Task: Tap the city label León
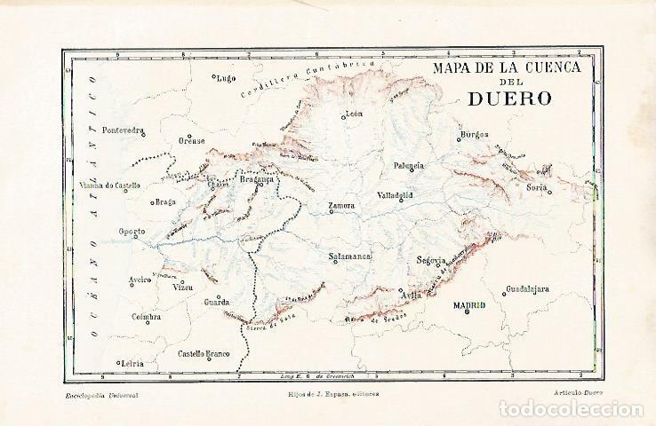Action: [x=355, y=114]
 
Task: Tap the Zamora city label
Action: [x=341, y=207]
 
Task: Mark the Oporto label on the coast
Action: [x=132, y=233]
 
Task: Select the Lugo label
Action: [x=226, y=78]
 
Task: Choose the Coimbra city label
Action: [x=144, y=317]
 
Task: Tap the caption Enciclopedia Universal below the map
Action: [x=102, y=392]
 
